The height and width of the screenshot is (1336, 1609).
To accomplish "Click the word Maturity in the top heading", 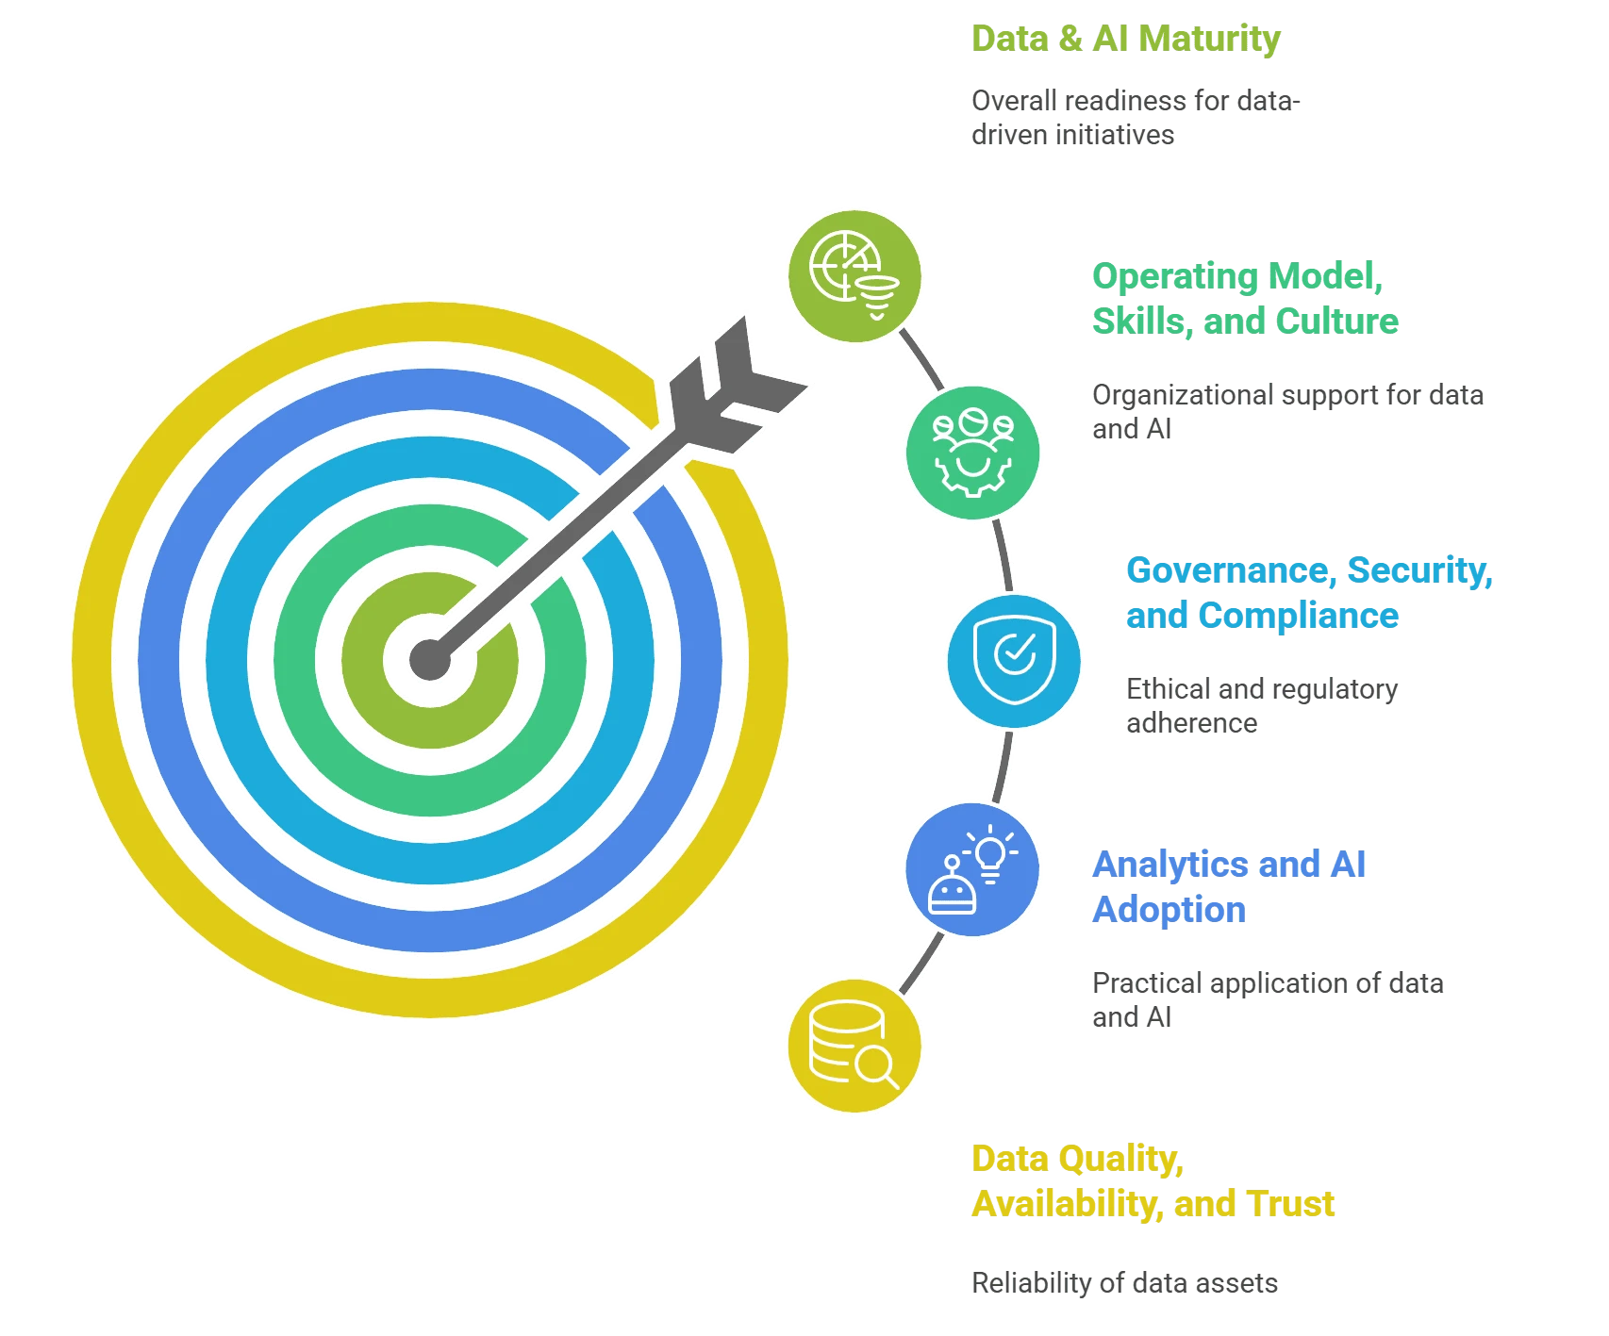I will point(1210,39).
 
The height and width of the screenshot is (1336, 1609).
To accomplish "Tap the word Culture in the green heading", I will point(1336,322).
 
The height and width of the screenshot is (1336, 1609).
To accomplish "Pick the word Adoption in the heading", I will point(1169,910).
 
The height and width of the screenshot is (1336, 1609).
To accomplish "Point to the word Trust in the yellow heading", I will point(1290,1204).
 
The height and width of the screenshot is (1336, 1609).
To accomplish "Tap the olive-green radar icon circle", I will point(855,273).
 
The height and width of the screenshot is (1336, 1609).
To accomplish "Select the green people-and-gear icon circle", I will point(972,452).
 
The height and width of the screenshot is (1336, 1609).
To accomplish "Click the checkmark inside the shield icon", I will point(1015,651).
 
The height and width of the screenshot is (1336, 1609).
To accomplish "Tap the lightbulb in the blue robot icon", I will point(990,853).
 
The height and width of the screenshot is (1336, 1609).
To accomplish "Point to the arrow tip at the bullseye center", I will point(430,658).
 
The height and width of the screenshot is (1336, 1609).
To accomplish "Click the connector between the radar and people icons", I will point(921,359).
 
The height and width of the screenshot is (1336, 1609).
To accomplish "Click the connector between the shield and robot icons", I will point(1003,766).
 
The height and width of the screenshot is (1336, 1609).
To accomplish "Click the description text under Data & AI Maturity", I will point(1132,118).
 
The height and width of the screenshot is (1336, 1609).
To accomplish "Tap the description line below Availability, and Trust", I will point(1126,1283).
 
